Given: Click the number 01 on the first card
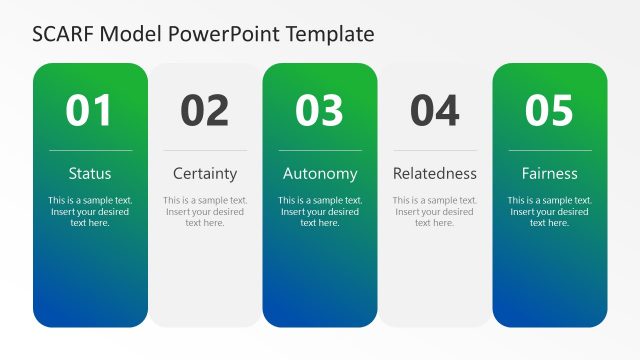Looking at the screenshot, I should click(x=90, y=111).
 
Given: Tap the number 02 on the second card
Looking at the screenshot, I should click(x=205, y=111).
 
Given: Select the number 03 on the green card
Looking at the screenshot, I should click(x=320, y=111).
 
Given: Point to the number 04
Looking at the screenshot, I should click(x=435, y=111).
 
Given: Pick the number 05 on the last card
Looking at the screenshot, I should click(x=550, y=111).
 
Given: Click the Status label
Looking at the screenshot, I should click(x=90, y=173).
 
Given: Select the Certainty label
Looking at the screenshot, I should click(x=205, y=173).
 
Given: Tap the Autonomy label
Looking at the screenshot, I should click(x=320, y=173).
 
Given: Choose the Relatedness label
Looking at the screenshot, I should click(x=435, y=173).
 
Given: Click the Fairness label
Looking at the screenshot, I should click(x=550, y=173).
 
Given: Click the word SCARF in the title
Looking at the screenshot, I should click(x=62, y=34).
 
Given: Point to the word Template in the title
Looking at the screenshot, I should click(x=330, y=34).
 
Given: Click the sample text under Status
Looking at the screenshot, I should click(x=90, y=211).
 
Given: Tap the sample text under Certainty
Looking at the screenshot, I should click(x=205, y=211).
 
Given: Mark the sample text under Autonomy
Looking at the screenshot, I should click(x=320, y=211).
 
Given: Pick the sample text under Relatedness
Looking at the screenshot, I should click(x=435, y=211).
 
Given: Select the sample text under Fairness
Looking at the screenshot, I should click(x=550, y=211).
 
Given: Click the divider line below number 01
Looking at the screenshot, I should click(x=90, y=150).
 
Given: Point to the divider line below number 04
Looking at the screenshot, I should click(x=435, y=150).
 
